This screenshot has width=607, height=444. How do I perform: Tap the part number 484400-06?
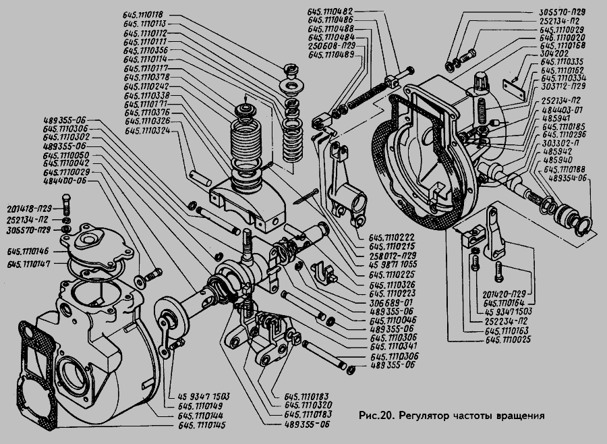coord(65,182)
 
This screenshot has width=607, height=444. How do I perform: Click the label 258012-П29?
coord(393,256)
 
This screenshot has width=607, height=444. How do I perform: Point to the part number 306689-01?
coord(391,302)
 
